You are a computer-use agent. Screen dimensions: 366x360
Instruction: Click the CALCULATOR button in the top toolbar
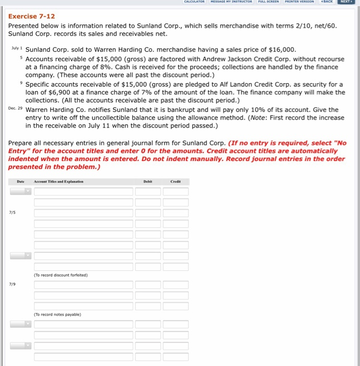coord(179,2)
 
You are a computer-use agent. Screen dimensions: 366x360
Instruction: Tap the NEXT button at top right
coord(345,2)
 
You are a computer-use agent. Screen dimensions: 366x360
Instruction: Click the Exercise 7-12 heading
coord(31,16)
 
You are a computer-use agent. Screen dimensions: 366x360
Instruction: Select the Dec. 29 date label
coord(16,109)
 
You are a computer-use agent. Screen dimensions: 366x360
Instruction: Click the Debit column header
coord(148,181)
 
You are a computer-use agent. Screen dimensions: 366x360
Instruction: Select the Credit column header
coord(176,181)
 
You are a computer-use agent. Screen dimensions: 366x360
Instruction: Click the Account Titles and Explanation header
coord(58,181)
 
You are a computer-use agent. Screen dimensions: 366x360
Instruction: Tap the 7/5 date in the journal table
coord(12,213)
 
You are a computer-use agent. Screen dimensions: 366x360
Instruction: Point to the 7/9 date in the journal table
coord(12,284)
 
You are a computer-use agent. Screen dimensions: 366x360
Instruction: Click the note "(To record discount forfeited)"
coord(61,275)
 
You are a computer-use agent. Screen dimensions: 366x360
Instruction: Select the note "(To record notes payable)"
coord(57,314)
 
